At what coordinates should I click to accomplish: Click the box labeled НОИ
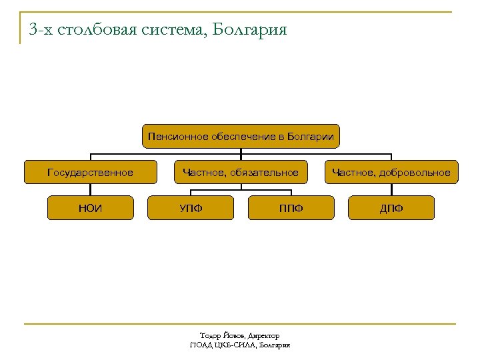coord(90,208)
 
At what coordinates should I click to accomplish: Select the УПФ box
coord(191,208)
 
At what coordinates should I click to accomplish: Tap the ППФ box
coord(291,208)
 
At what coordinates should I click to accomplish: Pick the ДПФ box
coord(391,208)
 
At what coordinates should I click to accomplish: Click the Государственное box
coord(90,173)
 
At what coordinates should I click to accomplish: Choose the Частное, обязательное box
coord(241,173)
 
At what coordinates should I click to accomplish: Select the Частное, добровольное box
coord(391,173)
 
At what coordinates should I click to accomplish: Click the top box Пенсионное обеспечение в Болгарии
coord(241,137)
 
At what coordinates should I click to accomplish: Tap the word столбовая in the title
coord(100,30)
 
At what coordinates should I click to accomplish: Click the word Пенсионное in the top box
coord(178,137)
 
